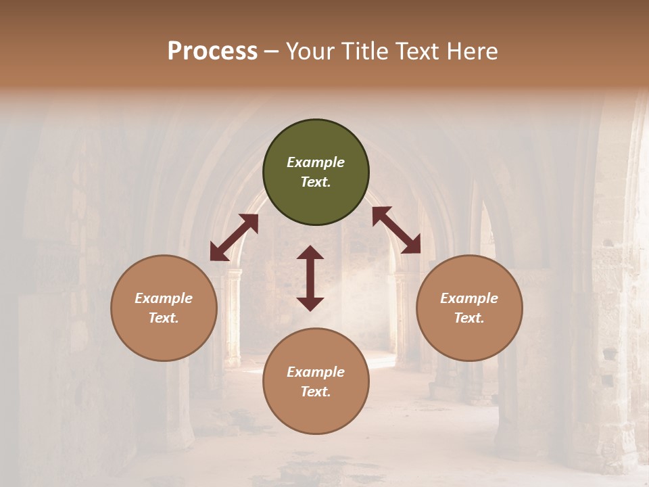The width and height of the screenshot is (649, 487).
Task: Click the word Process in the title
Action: (x=212, y=51)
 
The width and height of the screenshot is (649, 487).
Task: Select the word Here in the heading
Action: (x=472, y=51)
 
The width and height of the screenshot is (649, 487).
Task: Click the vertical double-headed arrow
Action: (x=310, y=278)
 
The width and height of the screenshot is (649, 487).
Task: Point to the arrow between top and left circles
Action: (x=234, y=237)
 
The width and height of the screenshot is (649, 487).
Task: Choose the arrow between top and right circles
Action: (x=396, y=230)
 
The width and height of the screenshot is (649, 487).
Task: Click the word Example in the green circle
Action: (x=316, y=162)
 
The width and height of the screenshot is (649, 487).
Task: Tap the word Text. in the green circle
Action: (x=316, y=182)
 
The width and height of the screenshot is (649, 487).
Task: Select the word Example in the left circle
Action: (x=164, y=298)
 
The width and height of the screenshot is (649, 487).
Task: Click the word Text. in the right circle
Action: (x=469, y=318)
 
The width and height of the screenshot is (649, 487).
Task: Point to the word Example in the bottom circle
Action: (x=316, y=372)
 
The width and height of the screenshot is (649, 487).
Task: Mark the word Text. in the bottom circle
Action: (x=316, y=392)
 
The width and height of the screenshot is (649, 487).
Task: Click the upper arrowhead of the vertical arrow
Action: (x=310, y=253)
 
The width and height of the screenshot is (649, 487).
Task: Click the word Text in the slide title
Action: (x=419, y=51)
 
